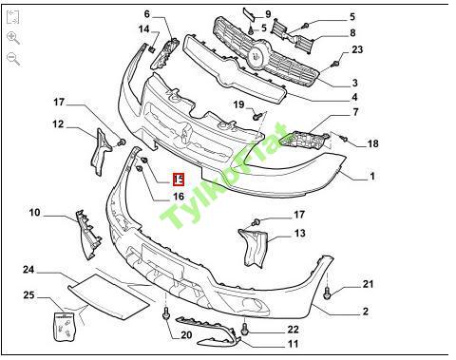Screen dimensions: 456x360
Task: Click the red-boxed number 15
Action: [179, 180]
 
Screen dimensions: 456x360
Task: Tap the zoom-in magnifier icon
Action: [13, 38]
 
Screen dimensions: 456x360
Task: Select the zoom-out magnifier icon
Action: [13, 59]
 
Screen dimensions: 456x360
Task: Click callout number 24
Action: [28, 270]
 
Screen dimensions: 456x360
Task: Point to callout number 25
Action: [28, 295]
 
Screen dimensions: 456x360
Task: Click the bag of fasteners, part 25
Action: [65, 327]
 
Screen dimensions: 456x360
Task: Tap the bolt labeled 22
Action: [244, 329]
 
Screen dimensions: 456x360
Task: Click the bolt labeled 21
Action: [327, 294]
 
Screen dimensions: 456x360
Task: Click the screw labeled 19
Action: [256, 116]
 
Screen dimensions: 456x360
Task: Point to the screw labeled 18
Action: [343, 138]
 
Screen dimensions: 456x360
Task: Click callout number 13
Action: [299, 234]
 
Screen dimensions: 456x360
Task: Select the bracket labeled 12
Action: [101, 151]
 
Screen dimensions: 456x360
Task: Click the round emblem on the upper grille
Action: [257, 54]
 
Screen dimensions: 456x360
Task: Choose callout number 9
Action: [268, 14]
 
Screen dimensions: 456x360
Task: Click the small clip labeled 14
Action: [152, 48]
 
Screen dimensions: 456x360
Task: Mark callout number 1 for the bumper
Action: [372, 176]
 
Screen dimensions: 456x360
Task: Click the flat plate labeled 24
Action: [108, 297]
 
